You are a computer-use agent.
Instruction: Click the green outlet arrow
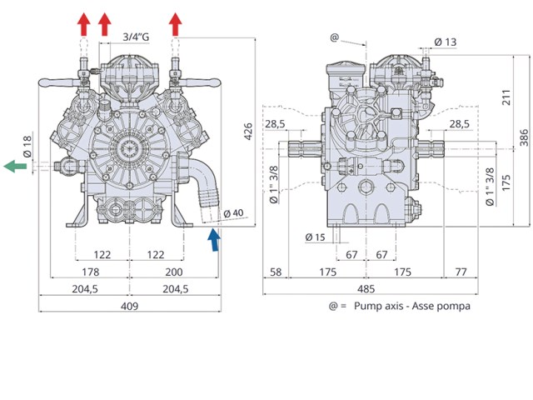(15, 166)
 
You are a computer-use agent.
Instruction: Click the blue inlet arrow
(214, 240)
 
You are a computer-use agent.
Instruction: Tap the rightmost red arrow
(176, 24)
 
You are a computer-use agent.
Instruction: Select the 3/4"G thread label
(136, 37)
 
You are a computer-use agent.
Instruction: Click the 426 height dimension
(248, 132)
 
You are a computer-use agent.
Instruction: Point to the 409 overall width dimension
(130, 306)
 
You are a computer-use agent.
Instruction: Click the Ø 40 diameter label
(234, 213)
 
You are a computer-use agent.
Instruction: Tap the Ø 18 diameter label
(27, 147)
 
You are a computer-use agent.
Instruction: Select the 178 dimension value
(91, 272)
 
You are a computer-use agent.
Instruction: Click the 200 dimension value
(174, 272)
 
